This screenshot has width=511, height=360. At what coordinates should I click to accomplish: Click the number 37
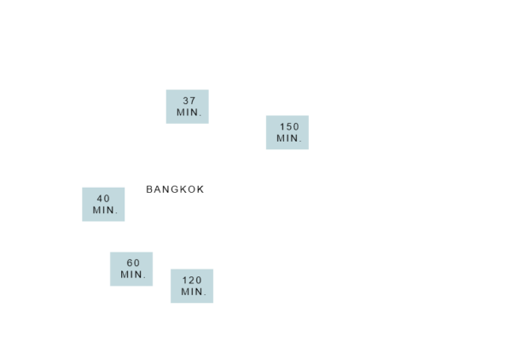coord(189,101)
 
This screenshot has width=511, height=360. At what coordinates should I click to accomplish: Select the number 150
coord(289,126)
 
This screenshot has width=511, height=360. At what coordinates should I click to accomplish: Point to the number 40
coord(103,199)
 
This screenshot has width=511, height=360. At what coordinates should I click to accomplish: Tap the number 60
coord(133,263)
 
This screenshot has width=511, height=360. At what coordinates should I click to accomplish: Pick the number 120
coord(192,280)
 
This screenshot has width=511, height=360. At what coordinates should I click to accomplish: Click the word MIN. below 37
coord(189,113)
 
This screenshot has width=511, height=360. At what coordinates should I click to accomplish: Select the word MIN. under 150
coord(289,138)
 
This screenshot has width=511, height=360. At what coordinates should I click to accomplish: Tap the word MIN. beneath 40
coord(105,210)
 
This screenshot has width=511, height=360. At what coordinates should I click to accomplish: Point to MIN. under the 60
coord(133,275)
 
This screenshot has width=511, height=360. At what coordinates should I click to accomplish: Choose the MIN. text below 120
coord(194,292)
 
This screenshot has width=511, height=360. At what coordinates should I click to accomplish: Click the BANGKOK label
coord(175,189)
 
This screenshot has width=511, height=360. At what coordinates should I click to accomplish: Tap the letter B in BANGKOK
coord(149,189)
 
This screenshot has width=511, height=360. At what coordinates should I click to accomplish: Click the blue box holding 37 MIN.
coord(188,107)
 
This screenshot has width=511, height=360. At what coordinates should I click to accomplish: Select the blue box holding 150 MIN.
coord(287,132)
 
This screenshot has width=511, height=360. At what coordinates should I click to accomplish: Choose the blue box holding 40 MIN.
coord(103,204)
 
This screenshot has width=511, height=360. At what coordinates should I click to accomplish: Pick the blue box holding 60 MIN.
coord(131,269)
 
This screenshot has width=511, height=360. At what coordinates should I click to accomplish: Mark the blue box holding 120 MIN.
coord(192,286)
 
